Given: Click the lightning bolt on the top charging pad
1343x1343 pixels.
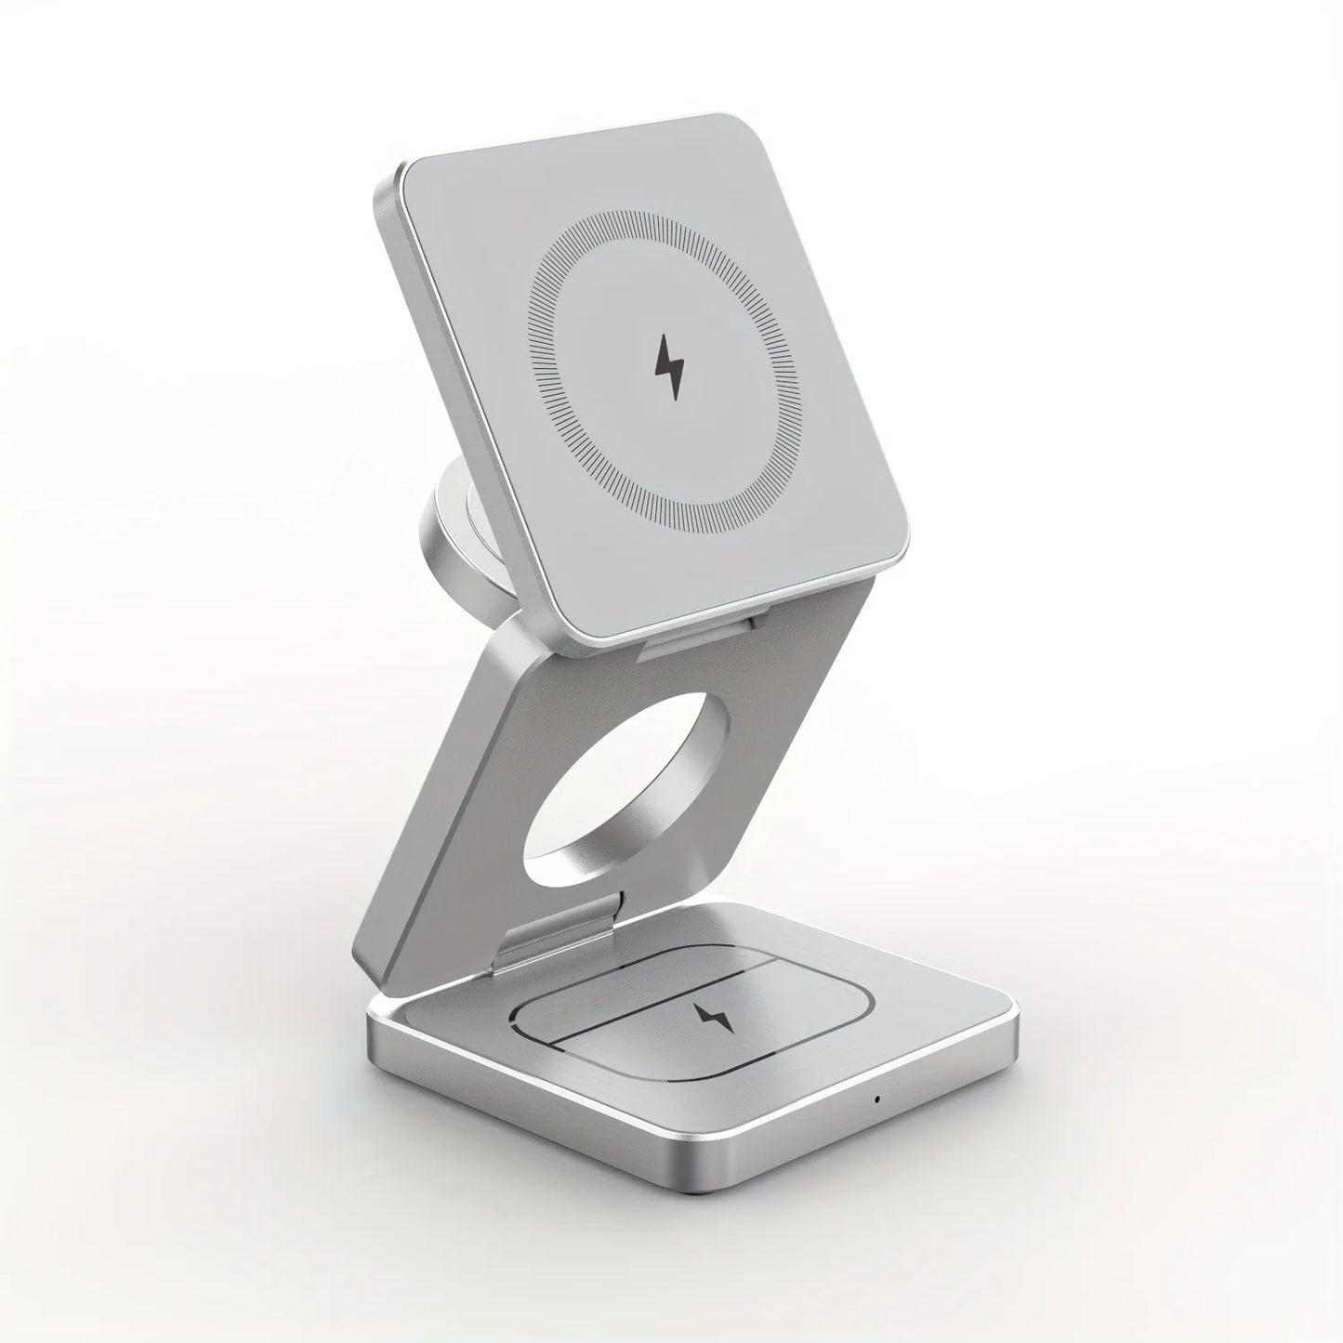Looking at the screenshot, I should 668,368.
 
